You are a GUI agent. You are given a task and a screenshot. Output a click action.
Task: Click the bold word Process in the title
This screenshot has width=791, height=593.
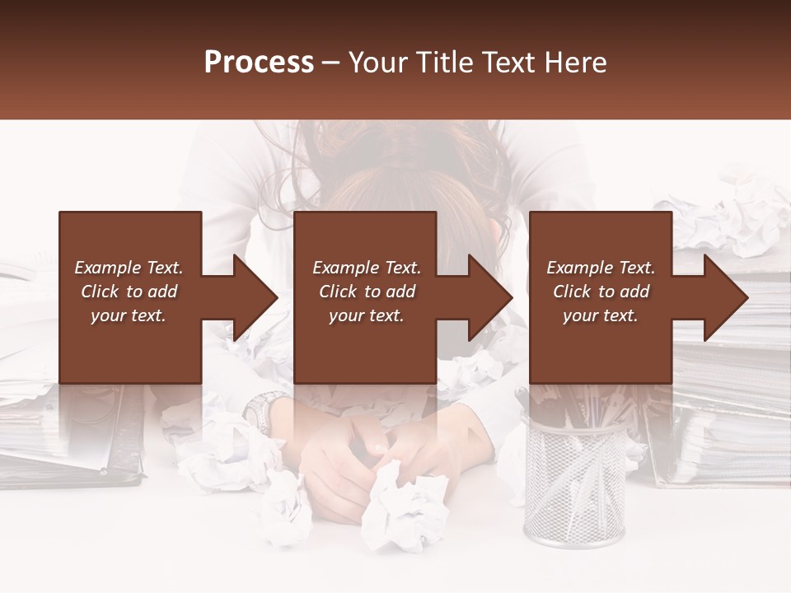[x=259, y=63]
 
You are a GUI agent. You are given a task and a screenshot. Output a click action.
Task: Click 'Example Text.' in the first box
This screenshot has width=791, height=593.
[x=129, y=268]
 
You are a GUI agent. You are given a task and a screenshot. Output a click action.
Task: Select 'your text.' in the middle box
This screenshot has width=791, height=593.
[x=366, y=315]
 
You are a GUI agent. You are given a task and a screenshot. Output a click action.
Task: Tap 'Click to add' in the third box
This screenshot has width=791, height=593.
[x=601, y=292]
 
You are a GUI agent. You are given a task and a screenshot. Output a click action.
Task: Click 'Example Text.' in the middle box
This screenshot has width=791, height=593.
[x=366, y=268]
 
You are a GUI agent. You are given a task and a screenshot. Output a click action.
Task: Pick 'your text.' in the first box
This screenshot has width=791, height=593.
[x=129, y=315]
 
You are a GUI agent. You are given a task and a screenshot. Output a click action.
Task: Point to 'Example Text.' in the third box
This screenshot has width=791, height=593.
[x=601, y=268]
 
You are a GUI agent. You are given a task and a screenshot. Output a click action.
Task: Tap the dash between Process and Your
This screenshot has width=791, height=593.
[x=330, y=63]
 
